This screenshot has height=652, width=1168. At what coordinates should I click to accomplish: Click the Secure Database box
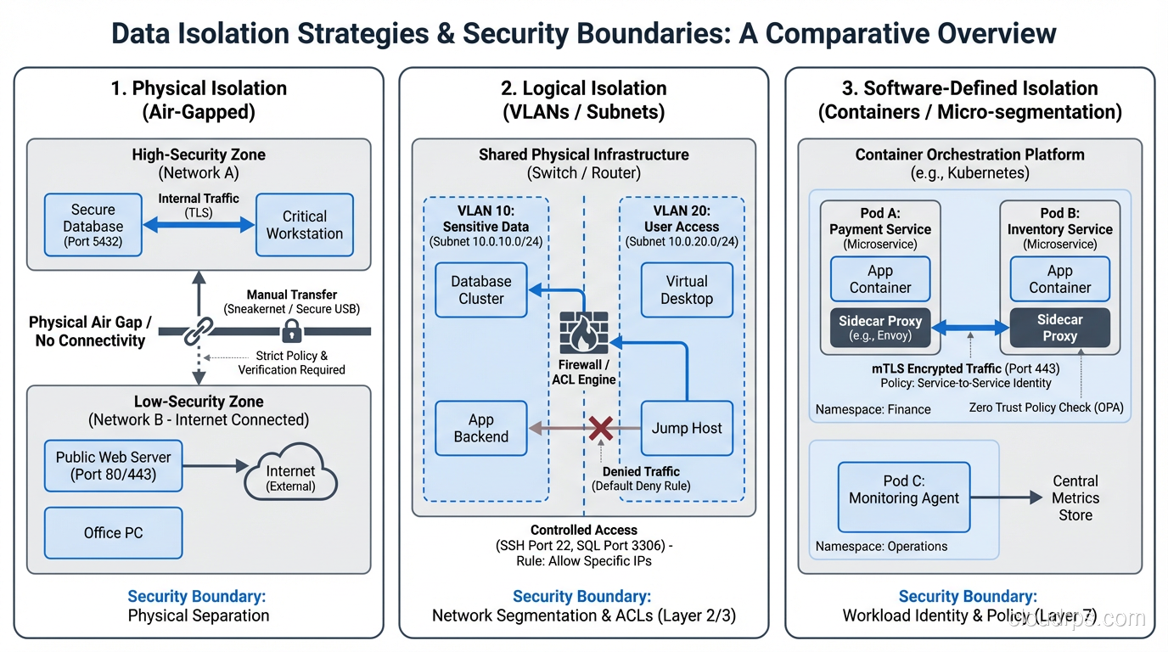93,225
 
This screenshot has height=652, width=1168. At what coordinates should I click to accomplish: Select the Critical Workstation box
304,225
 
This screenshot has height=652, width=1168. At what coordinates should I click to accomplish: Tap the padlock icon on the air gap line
292,330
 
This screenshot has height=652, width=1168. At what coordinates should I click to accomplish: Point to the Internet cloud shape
290,478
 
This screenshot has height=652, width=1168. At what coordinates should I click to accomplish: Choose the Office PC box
113,533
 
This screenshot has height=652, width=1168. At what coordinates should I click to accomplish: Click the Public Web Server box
113,465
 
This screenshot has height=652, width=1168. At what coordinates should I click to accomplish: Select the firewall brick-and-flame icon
584,335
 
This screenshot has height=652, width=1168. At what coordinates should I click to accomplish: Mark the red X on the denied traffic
601,428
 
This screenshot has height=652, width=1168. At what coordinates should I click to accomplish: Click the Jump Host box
686,429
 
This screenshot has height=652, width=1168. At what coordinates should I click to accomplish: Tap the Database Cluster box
480,290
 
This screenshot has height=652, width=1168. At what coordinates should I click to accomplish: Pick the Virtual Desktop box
686,290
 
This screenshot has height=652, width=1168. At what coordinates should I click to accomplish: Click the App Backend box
480,429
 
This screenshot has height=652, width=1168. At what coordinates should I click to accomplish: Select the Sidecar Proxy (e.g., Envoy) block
880,328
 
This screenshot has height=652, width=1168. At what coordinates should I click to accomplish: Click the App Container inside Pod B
1059,279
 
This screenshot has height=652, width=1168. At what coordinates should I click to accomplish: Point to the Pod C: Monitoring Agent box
903,490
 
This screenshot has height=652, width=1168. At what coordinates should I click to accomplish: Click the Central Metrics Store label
1075,498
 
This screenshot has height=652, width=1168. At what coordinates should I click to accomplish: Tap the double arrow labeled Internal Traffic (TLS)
199,225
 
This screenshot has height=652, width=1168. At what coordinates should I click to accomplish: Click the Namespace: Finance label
873,409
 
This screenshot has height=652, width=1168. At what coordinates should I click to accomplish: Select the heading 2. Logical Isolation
583,88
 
